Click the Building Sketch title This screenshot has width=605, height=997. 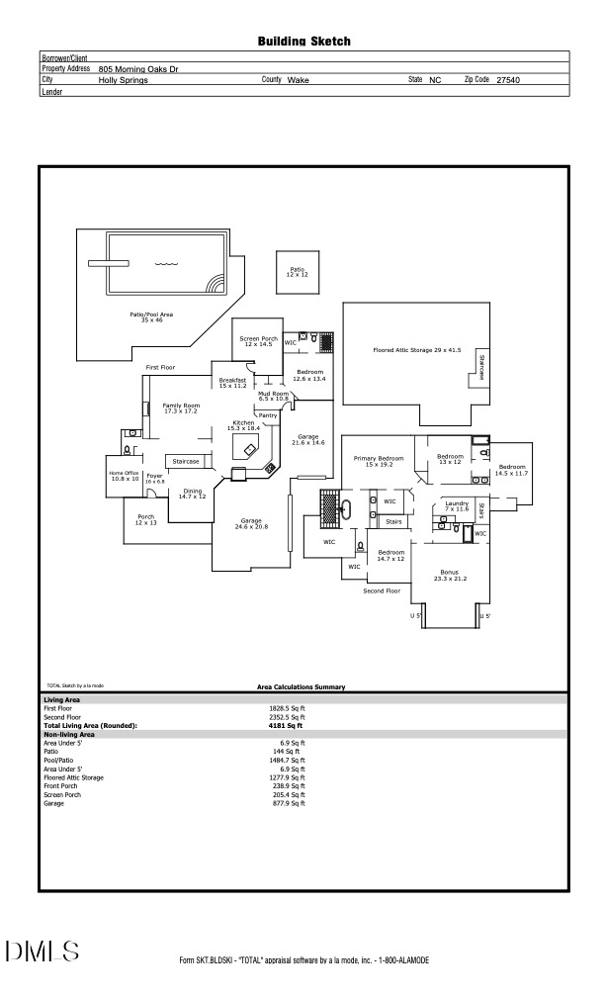pyautogui.click(x=303, y=42)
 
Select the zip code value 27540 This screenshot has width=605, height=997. pyautogui.click(x=508, y=79)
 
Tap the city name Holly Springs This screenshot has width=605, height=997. pyautogui.click(x=124, y=79)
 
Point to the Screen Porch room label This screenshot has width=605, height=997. pyautogui.click(x=258, y=341)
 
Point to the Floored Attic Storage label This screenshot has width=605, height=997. pyautogui.click(x=416, y=350)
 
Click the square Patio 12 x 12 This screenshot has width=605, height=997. pyautogui.click(x=298, y=271)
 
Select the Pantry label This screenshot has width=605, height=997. pyautogui.click(x=268, y=415)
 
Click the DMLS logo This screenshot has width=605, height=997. pyautogui.click(x=42, y=952)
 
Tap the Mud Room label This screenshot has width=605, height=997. pyautogui.click(x=274, y=396)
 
